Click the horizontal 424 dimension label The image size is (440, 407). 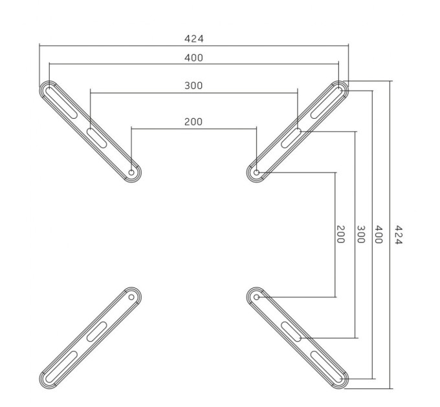[x=193, y=39]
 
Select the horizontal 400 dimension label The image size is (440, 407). [x=193, y=57]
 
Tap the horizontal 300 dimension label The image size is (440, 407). [x=193, y=85]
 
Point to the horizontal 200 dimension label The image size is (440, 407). [x=193, y=121]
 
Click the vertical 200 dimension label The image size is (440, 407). [x=340, y=235]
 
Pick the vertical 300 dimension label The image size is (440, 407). [x=361, y=235]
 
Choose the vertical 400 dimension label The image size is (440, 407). [x=379, y=235]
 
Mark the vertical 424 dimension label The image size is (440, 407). [x=399, y=235]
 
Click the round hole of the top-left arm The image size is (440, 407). [x=131, y=172]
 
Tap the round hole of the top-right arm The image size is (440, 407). [x=256, y=172]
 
